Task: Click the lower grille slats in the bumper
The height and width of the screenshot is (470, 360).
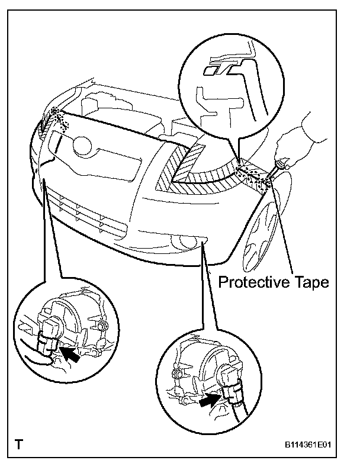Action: (89, 213)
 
